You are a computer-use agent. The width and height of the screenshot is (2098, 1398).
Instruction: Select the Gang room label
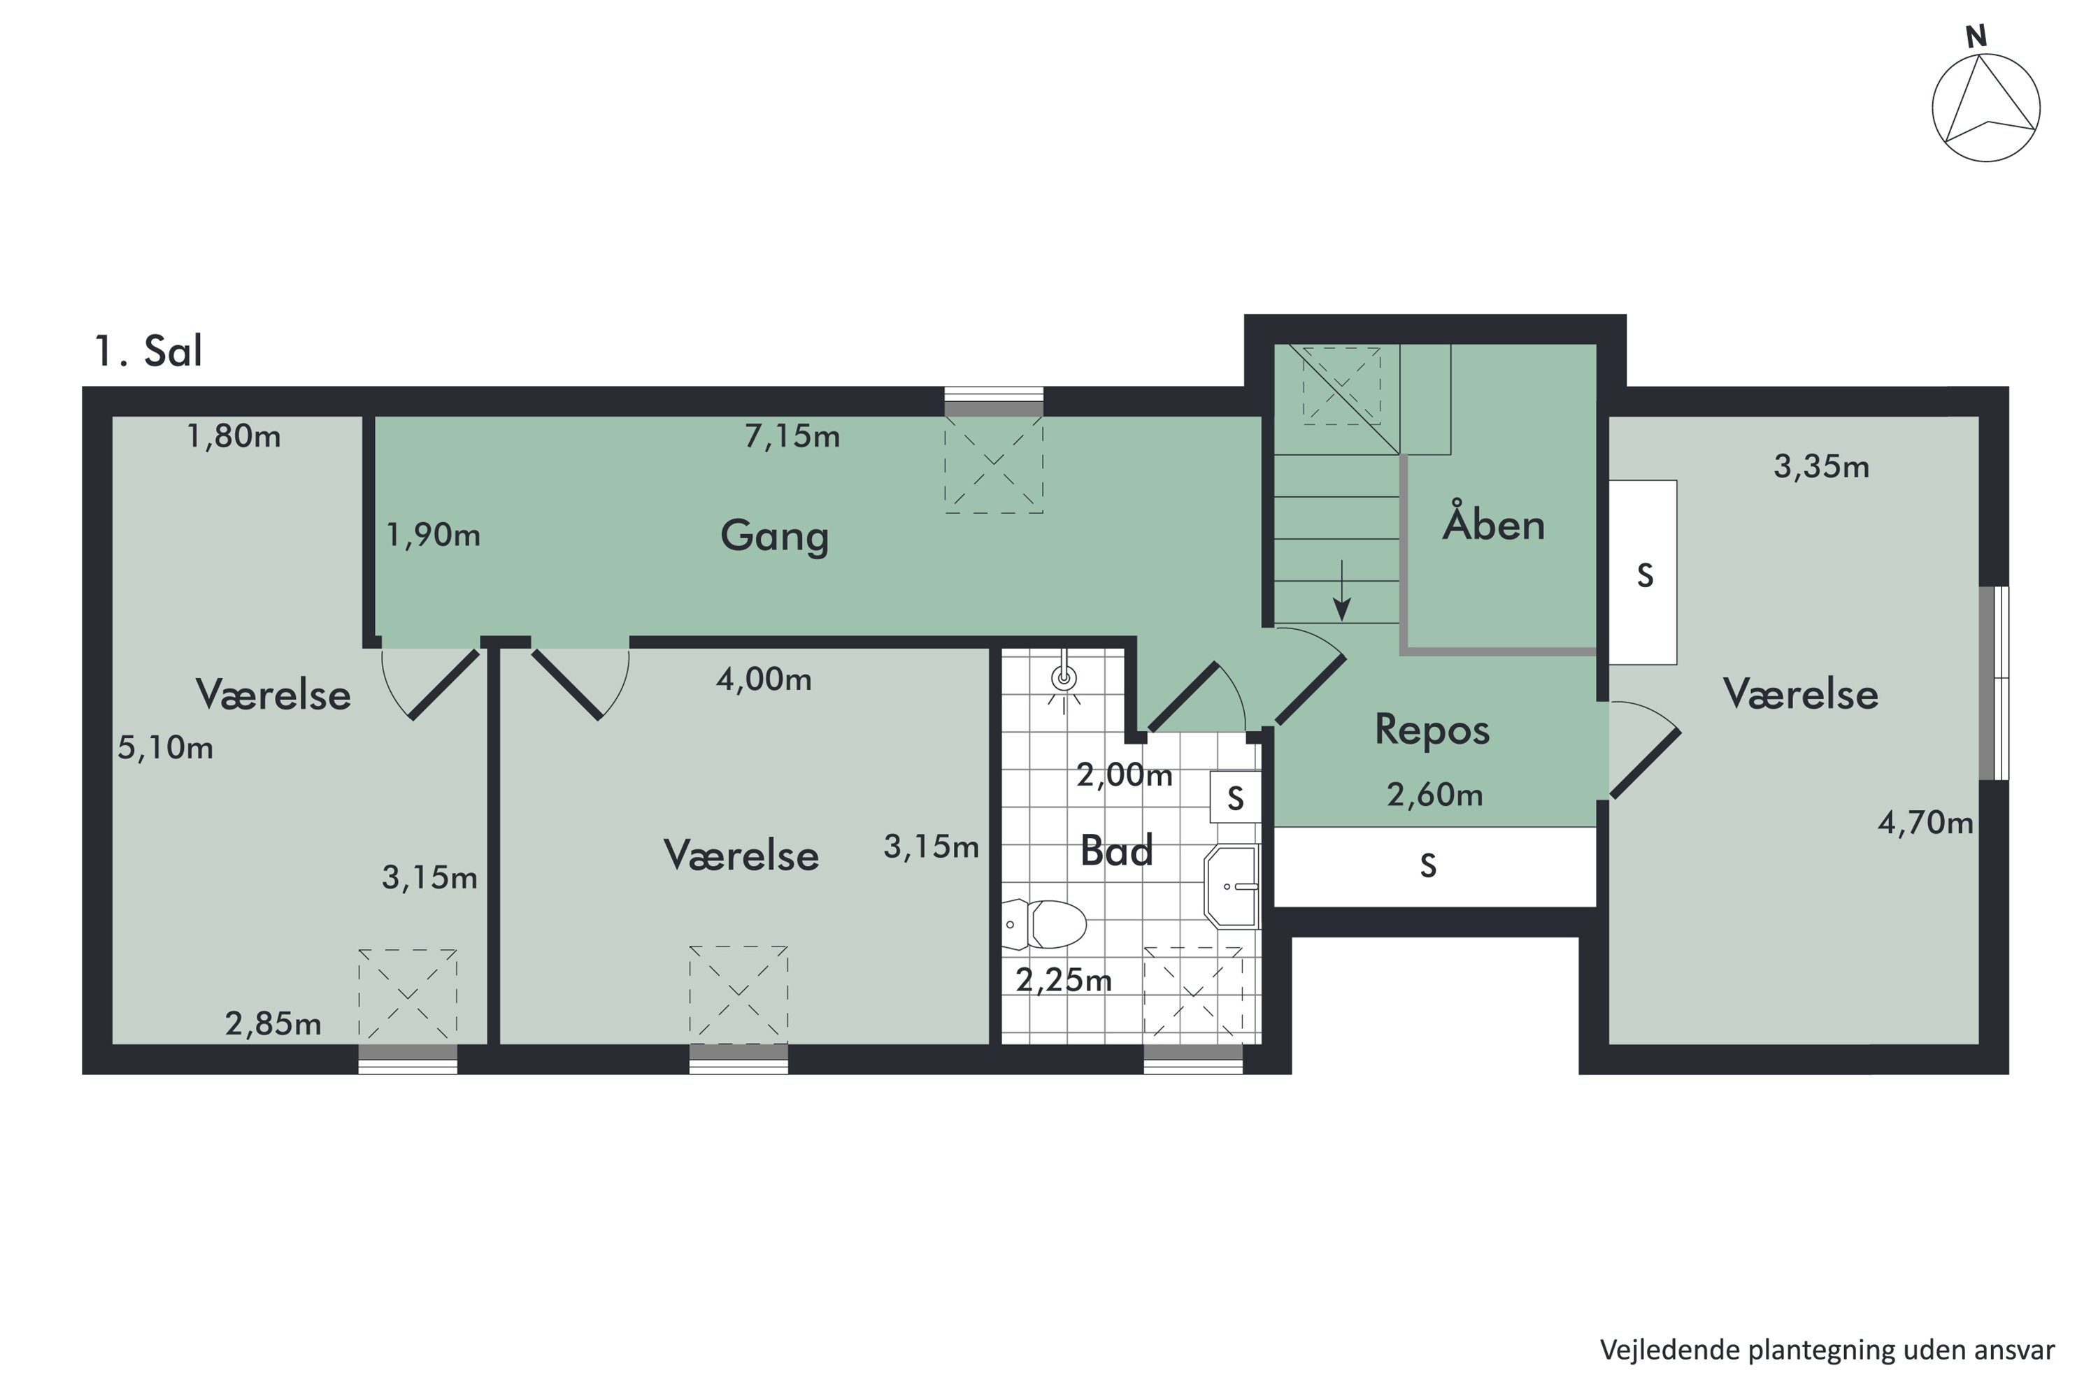click(774, 536)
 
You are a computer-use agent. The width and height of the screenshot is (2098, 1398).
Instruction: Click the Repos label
click(1432, 729)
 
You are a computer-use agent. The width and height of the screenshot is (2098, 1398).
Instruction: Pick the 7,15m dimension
click(792, 436)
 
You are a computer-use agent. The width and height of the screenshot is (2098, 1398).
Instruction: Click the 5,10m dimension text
click(166, 747)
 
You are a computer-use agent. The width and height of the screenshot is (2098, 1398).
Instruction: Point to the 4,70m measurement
click(1926, 822)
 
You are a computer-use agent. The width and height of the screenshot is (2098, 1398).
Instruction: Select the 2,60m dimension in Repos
click(1434, 793)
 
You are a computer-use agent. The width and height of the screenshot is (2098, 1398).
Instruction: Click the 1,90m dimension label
click(434, 535)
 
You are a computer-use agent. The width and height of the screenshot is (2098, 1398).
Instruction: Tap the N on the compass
click(1976, 36)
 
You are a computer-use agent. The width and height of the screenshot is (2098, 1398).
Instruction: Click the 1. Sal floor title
click(148, 352)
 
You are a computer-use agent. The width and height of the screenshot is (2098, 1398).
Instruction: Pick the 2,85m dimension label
click(273, 1023)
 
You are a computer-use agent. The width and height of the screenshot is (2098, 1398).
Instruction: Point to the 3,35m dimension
click(1822, 466)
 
